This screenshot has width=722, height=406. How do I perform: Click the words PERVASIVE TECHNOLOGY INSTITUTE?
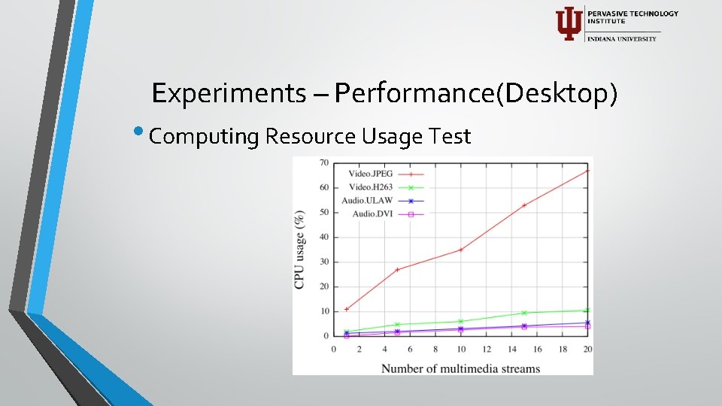tap(633, 17)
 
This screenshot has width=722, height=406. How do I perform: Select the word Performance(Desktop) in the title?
tap(477, 93)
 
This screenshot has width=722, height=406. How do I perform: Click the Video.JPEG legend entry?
tap(371, 174)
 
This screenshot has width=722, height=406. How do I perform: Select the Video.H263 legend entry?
tap(371, 187)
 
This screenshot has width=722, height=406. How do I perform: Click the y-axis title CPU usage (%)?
tap(299, 249)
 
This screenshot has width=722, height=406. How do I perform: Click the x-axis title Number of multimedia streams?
tap(460, 368)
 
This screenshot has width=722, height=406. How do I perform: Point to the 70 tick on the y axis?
tap(324, 162)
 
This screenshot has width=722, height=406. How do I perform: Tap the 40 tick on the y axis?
tap(324, 237)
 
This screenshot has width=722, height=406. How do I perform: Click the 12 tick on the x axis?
tap(486, 349)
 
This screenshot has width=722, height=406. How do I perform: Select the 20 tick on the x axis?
tap(587, 349)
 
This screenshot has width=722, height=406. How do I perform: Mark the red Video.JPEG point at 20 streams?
tap(587, 171)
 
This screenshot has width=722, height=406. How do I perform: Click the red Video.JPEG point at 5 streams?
tap(397, 269)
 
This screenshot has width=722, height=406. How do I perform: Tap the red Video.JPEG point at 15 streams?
tap(524, 205)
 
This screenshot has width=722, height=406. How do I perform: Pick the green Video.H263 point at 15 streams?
tap(524, 313)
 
